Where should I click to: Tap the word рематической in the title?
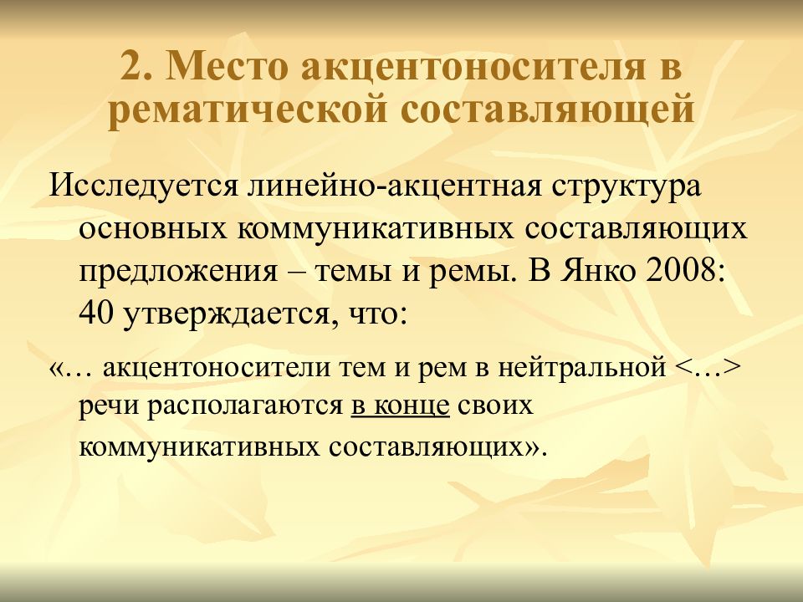tap(247, 109)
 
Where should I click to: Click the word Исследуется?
tap(143, 186)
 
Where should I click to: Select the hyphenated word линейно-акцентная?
tap(394, 186)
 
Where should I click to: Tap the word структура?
tap(627, 187)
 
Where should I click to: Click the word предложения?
tap(177, 273)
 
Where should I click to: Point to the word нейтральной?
tap(582, 368)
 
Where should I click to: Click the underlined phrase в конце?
tap(400, 406)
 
